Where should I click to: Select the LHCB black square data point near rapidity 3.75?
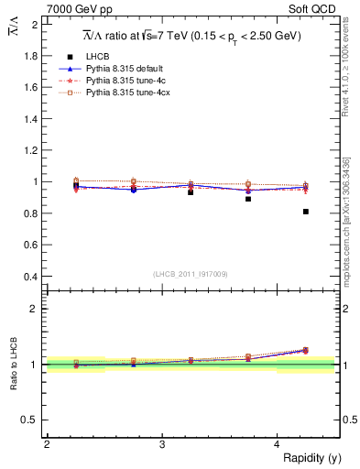[248, 199]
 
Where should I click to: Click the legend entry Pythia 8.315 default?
[122, 69]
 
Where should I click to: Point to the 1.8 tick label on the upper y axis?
[32, 56]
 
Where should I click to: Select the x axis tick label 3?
[162, 444]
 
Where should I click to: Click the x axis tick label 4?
[278, 444]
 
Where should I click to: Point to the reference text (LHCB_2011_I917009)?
[191, 274]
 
